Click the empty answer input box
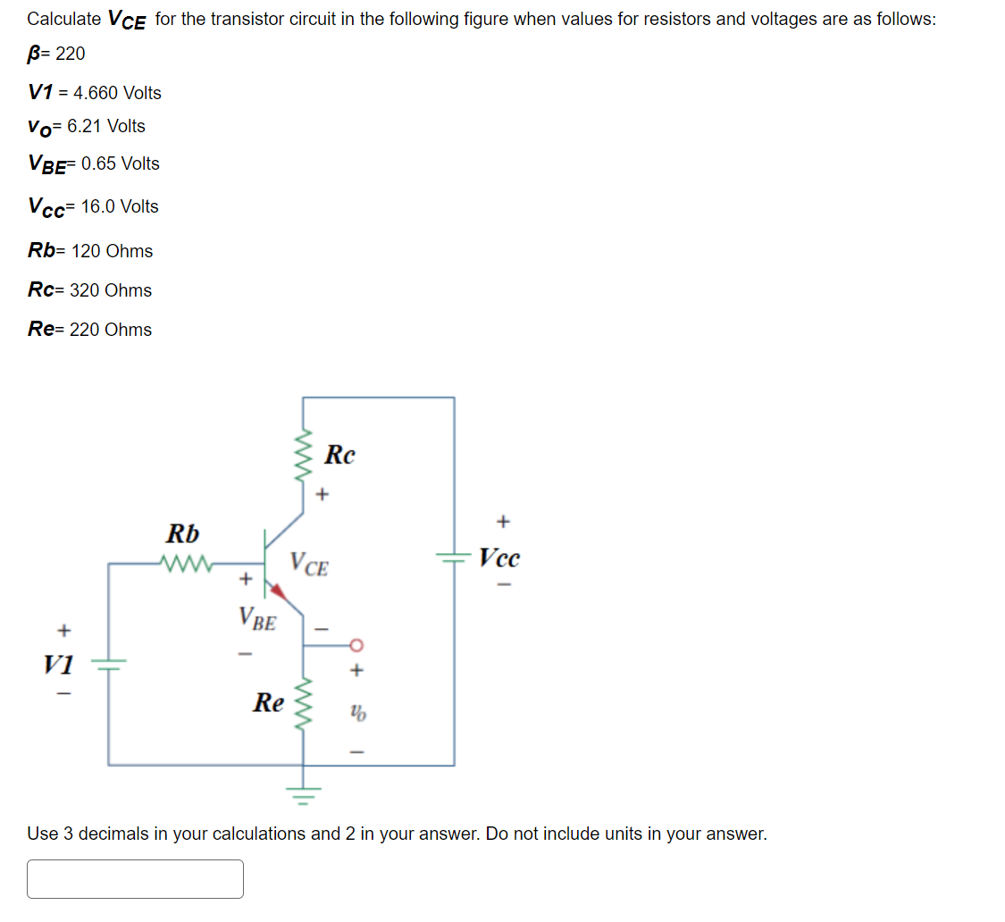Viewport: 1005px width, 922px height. [x=135, y=879]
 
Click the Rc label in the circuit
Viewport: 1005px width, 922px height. [x=339, y=455]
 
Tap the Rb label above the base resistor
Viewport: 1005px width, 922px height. [x=183, y=534]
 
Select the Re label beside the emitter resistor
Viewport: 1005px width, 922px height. [x=268, y=702]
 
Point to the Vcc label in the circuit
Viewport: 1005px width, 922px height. [x=498, y=558]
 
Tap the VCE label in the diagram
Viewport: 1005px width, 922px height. [x=309, y=565]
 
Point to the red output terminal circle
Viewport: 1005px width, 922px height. [x=356, y=644]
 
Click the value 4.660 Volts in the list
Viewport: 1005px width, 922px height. [x=117, y=93]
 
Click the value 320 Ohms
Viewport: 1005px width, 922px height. [x=111, y=290]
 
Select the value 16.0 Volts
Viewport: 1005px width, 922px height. [x=120, y=206]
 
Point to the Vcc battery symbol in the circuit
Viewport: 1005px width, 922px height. [x=454, y=557]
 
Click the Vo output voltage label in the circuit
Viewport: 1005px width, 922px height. [x=357, y=714]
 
